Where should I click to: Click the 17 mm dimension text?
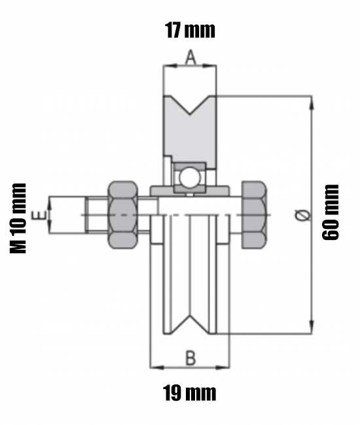(190, 30)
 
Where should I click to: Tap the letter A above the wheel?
(190, 57)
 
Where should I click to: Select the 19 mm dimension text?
(190, 393)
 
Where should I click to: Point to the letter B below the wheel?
(190, 358)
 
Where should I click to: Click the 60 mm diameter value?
(330, 212)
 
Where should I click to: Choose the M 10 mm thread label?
(18, 218)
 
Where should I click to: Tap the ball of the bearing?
(190, 178)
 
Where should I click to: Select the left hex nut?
(122, 215)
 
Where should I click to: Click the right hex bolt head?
(254, 215)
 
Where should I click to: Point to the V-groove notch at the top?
(190, 105)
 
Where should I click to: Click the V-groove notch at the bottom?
(190, 324)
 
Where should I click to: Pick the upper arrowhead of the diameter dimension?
(312, 103)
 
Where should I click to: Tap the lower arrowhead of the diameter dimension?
(312, 327)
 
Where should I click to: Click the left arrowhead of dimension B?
(157, 367)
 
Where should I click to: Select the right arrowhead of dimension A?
(209, 65)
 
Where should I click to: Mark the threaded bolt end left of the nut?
(97, 216)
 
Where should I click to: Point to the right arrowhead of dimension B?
(223, 367)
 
